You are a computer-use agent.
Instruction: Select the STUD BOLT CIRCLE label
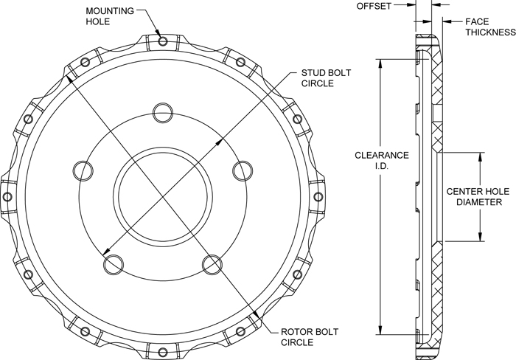coord(328,78)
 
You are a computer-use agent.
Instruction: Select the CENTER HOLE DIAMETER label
coord(475,195)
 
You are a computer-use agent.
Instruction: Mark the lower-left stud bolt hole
coord(113,263)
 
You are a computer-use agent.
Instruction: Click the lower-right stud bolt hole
coord(212,263)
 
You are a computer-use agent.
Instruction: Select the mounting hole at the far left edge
coord(7,196)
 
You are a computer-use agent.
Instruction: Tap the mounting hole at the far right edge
coord(318,196)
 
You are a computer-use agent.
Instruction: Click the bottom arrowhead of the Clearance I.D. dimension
coord(380,332)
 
